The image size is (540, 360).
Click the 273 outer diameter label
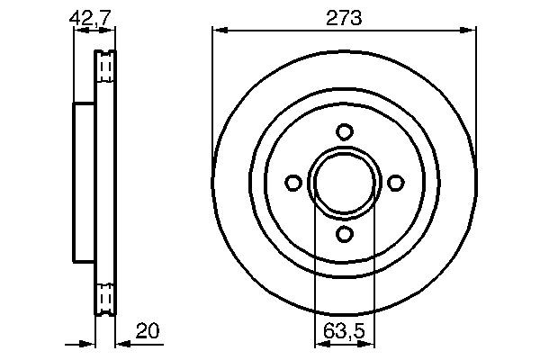pyautogui.click(x=343, y=18)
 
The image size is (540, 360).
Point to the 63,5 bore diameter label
pyautogui.click(x=343, y=332)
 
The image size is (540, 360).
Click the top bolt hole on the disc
pyautogui.click(x=343, y=131)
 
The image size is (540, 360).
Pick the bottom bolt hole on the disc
pyautogui.click(x=343, y=234)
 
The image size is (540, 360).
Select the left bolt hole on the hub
pyautogui.click(x=292, y=183)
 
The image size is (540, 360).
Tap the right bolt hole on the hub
pyautogui.click(x=394, y=183)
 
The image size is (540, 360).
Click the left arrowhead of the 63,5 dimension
pyautogui.click(x=319, y=343)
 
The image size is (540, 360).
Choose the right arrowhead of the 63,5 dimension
pyautogui.click(x=368, y=343)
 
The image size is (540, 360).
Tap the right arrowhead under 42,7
pyautogui.click(x=110, y=30)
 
